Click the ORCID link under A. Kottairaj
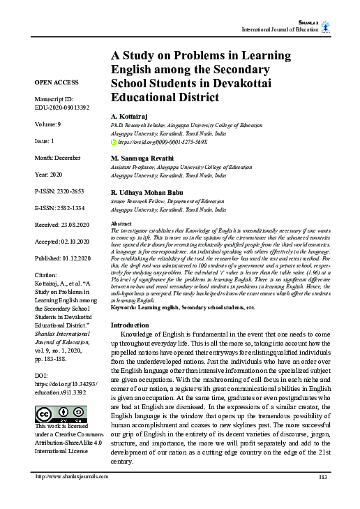(x=163, y=141)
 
